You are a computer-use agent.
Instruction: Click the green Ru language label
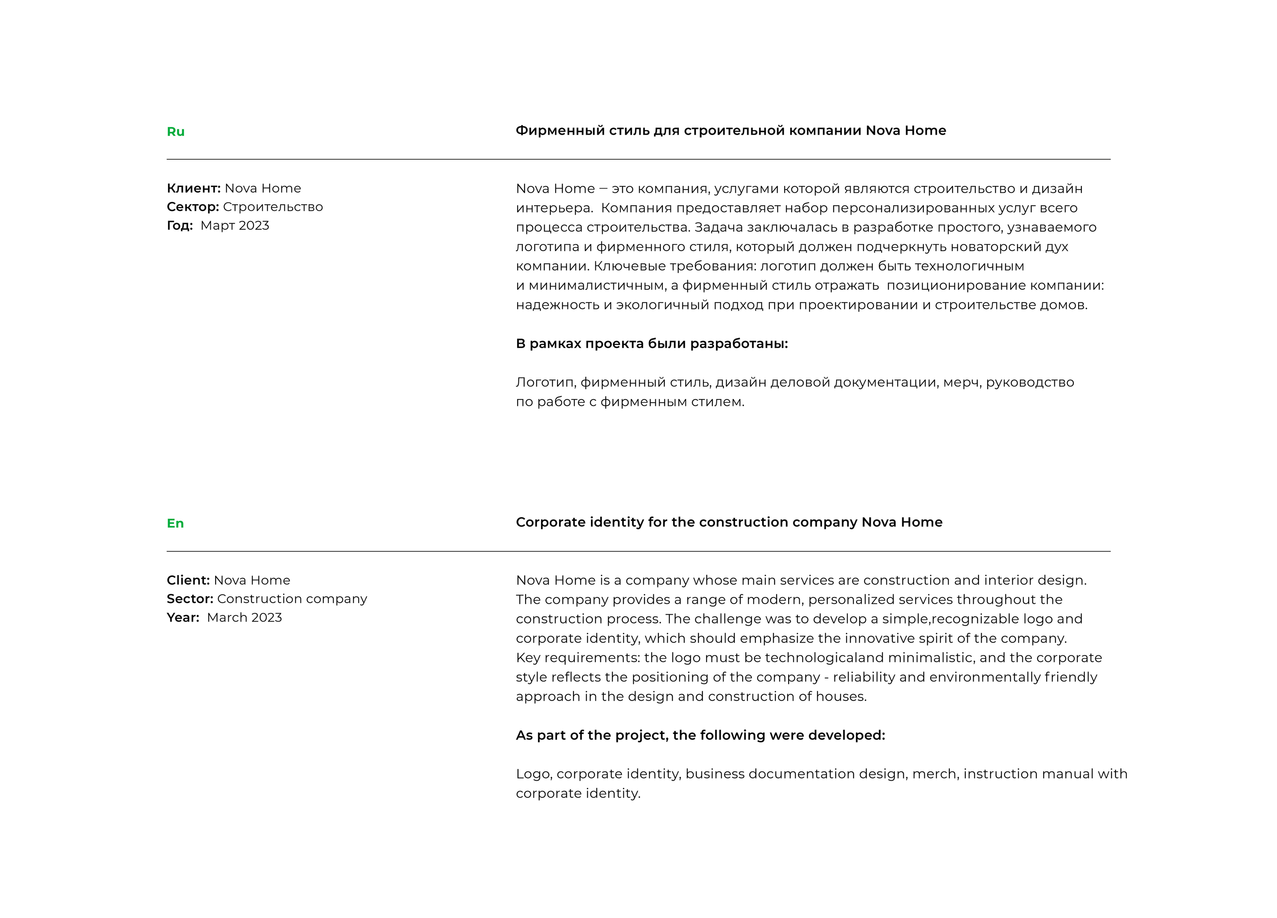pyautogui.click(x=175, y=132)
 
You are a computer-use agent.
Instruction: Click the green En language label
pyautogui.click(x=175, y=523)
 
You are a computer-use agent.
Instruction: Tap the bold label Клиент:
pyautogui.click(x=194, y=188)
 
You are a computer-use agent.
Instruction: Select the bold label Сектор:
pyautogui.click(x=193, y=207)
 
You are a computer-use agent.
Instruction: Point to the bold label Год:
pyautogui.click(x=180, y=225)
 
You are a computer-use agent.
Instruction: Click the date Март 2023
pyautogui.click(x=235, y=225)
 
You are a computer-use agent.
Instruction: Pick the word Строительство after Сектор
pyautogui.click(x=273, y=207)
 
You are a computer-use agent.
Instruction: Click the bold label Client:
pyautogui.click(x=188, y=580)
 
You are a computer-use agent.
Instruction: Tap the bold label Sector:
pyautogui.click(x=190, y=599)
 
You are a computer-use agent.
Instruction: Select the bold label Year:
pyautogui.click(x=183, y=617)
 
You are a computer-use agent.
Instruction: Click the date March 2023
pyautogui.click(x=244, y=617)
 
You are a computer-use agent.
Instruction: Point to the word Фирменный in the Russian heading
pyautogui.click(x=560, y=131)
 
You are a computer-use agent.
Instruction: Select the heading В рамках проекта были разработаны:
pyautogui.click(x=651, y=344)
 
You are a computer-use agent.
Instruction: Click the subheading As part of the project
pyautogui.click(x=700, y=735)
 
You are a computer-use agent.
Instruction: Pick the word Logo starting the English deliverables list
pyautogui.click(x=533, y=774)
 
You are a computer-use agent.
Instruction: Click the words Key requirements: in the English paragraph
pyautogui.click(x=578, y=658)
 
